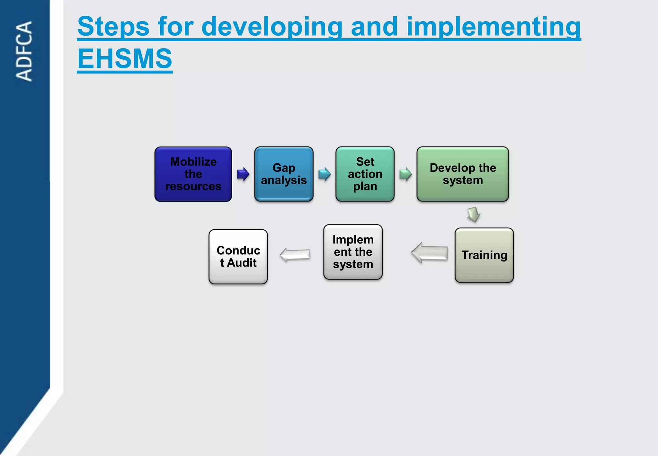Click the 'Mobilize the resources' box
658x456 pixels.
click(193, 174)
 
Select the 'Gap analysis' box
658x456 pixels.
click(284, 174)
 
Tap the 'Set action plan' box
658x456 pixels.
click(365, 174)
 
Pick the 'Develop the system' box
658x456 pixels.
click(463, 174)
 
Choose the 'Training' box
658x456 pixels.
click(484, 255)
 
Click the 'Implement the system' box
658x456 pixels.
click(353, 252)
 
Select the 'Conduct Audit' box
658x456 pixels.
click(238, 257)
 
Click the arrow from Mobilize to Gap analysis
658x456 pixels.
click(243, 174)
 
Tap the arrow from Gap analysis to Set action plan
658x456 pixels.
click(325, 174)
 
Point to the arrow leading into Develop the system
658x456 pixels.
click(405, 174)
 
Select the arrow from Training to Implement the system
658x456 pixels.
click(430, 253)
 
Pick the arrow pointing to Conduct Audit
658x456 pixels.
click(295, 255)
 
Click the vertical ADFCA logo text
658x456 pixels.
click(24, 51)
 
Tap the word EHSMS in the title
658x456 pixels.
click(125, 59)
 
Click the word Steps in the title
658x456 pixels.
click(113, 27)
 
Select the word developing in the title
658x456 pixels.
click(272, 27)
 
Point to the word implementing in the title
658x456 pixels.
click(493, 27)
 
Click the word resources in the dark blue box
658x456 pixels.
click(193, 187)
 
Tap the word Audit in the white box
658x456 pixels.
click(242, 263)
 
